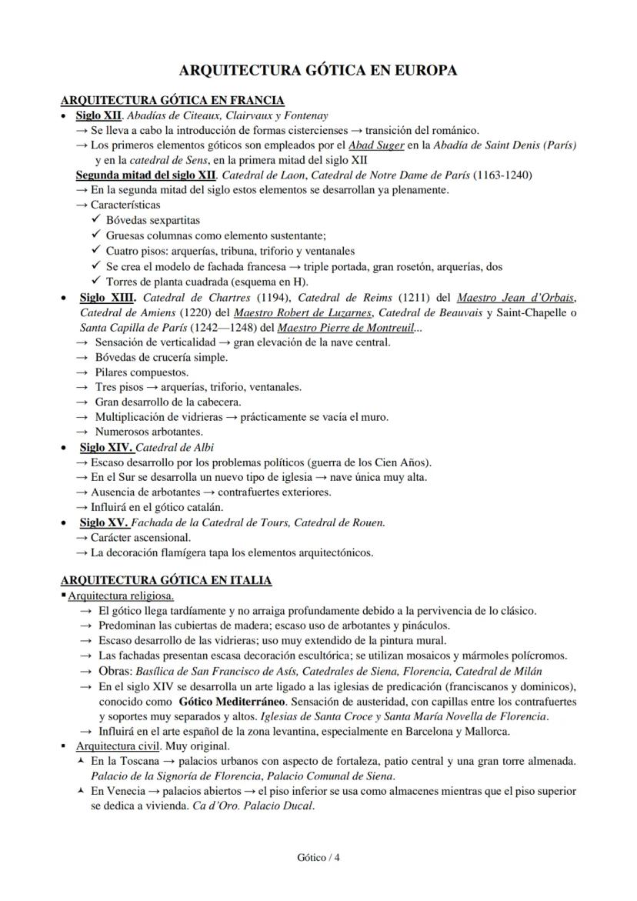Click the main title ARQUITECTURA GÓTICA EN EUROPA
(318, 71)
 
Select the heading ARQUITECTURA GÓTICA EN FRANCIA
(172, 100)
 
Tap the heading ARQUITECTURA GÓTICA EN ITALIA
(165, 580)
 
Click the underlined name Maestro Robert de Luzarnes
(303, 312)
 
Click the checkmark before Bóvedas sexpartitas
(96, 220)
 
